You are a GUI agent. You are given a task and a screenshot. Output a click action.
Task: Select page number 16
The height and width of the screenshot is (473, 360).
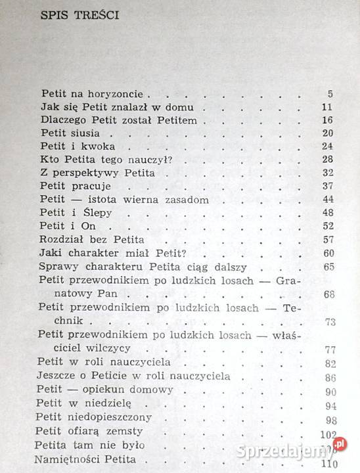(x=328, y=120)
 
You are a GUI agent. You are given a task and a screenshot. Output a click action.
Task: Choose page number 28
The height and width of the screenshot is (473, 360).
(x=328, y=160)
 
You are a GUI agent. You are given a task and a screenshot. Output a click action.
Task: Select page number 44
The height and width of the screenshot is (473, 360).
(x=328, y=200)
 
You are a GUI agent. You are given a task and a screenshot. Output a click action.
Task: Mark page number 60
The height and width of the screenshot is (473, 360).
(x=328, y=253)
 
